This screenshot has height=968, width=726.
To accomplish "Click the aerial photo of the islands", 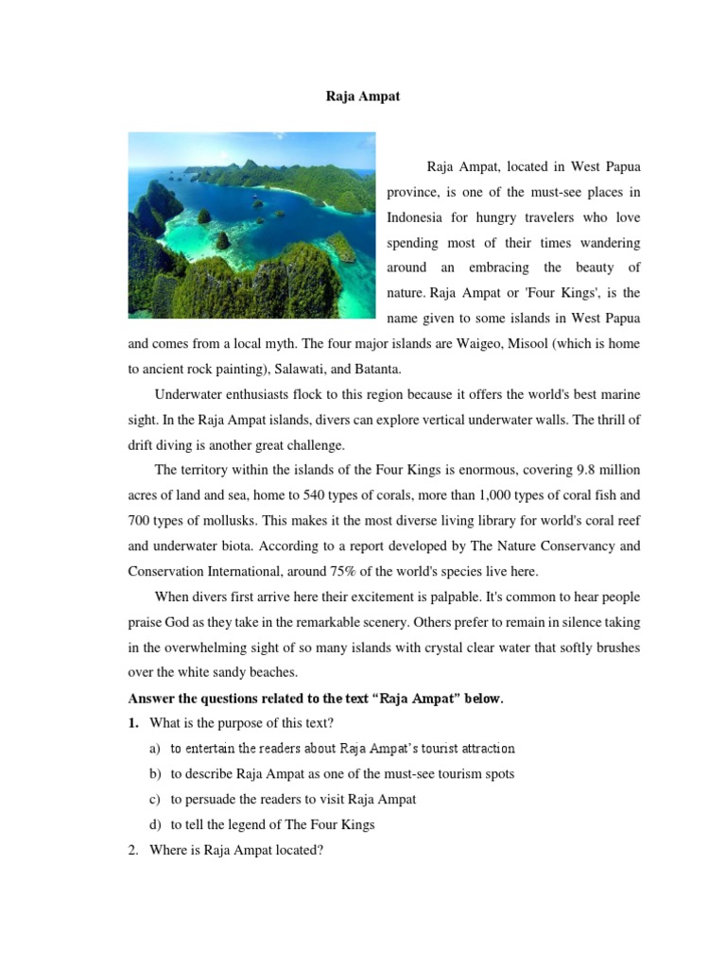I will coord(251,225).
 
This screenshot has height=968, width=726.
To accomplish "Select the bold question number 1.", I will coord(134,724).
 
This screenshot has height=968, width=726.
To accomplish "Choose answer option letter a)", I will coord(154,749).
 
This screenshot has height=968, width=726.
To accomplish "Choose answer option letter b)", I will coord(154,773).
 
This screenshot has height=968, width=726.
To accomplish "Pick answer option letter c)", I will coord(154,799).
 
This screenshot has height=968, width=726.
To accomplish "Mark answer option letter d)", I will coord(154,824).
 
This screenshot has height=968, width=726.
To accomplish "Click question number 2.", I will coord(134,850).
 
